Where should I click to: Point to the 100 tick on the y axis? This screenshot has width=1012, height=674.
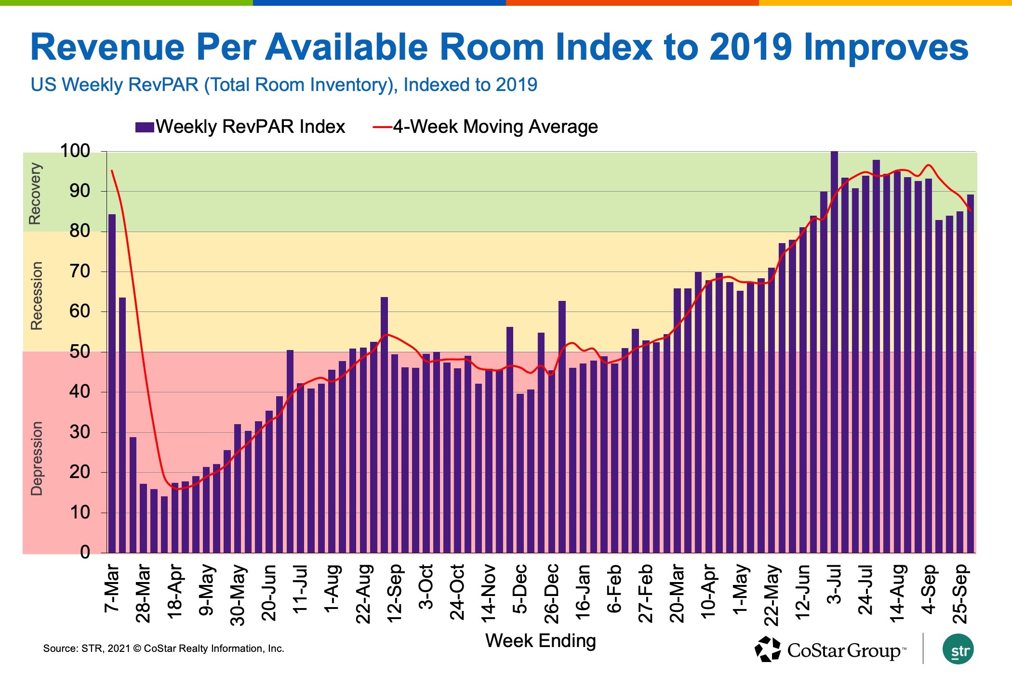[x=75, y=151]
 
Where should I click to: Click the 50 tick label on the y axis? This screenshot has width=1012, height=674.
[x=80, y=352]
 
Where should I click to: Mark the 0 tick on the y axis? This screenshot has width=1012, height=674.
[x=85, y=552]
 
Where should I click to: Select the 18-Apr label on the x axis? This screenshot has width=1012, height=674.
[x=174, y=592]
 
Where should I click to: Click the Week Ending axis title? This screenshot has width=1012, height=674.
[x=540, y=641]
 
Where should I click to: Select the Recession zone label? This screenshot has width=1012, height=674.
[x=37, y=296]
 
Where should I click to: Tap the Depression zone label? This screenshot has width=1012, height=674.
[x=37, y=458]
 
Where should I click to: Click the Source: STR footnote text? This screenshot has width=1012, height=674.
[x=163, y=648]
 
